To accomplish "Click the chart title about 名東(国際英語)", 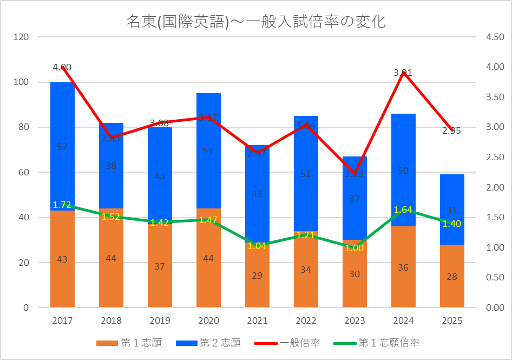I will (x=255, y=22).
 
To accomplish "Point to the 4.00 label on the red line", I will (x=62, y=68).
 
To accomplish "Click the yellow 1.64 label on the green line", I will (x=403, y=210).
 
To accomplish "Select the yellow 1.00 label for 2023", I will (x=355, y=248).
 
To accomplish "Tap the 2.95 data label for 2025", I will (x=451, y=130).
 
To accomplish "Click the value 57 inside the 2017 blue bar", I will (x=62, y=147).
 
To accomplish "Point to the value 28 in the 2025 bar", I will (x=452, y=277).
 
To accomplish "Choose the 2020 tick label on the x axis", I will (x=208, y=320).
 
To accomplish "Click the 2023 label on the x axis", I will (x=355, y=320).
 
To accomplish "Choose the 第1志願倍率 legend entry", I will (x=379, y=343).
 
